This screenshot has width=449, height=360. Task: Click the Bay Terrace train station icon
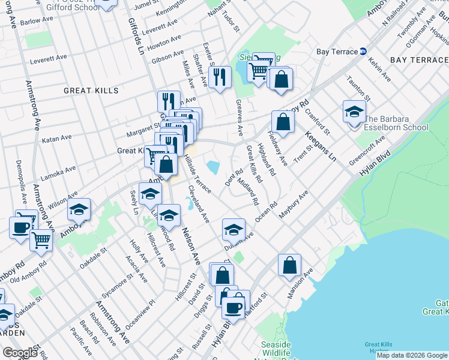click(363, 52)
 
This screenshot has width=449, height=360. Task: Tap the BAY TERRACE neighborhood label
click(418, 60)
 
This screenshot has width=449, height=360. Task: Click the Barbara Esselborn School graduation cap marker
click(354, 112)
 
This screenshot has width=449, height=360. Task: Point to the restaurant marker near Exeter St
click(220, 76)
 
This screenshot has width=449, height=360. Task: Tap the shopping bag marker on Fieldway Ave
click(283, 121)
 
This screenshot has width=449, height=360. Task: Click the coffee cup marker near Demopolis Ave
click(21, 227)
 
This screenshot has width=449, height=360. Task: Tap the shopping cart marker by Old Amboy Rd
click(41, 240)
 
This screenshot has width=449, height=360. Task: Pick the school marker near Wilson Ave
click(79, 210)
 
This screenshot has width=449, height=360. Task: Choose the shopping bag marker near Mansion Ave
click(289, 265)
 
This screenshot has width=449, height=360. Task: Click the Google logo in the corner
click(20, 353)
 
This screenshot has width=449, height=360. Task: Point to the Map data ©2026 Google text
click(411, 355)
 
